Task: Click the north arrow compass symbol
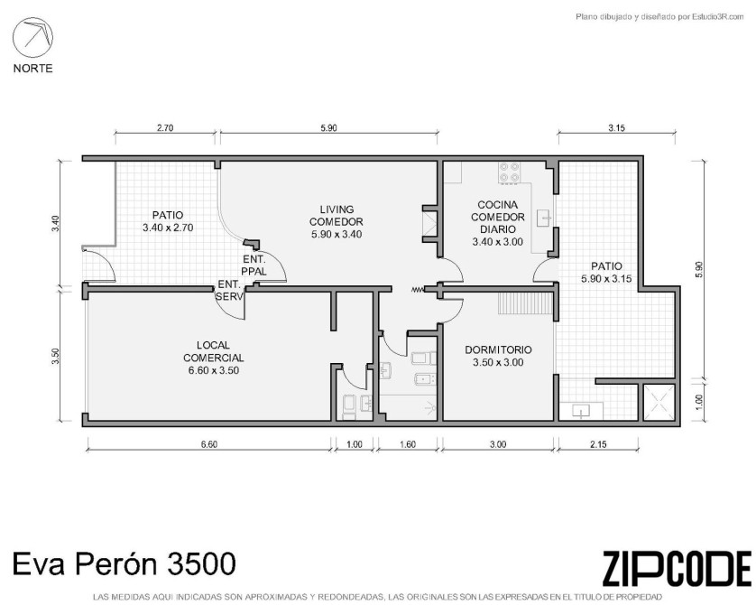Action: click(x=32, y=37)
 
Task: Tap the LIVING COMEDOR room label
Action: click(x=337, y=222)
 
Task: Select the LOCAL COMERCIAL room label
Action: click(x=213, y=358)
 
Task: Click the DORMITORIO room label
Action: click(x=498, y=356)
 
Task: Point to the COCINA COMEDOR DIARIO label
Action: click(x=498, y=223)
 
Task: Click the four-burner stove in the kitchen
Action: click(x=510, y=172)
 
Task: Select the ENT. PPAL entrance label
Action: click(x=254, y=265)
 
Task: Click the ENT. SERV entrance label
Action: click(x=229, y=291)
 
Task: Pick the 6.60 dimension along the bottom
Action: click(x=208, y=444)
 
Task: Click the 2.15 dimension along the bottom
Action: click(x=598, y=444)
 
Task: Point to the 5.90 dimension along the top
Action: click(x=328, y=128)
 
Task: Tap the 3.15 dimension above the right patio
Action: click(x=616, y=128)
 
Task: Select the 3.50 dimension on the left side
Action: click(x=56, y=356)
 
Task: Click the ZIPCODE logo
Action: click(x=677, y=568)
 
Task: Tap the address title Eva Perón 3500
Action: click(x=124, y=563)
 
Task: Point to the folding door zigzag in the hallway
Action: click(x=418, y=290)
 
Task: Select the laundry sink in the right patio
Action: click(x=582, y=411)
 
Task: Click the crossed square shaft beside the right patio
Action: click(x=659, y=403)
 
